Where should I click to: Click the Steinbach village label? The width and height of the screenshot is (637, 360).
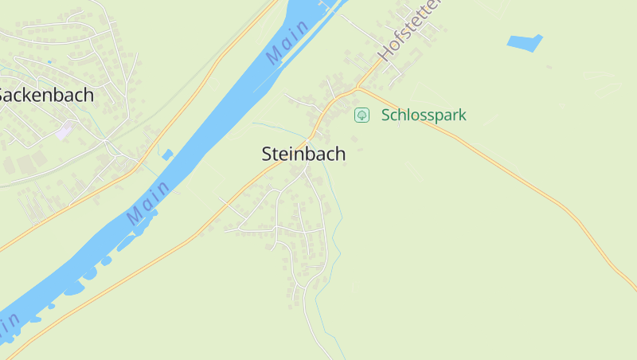point(303,155)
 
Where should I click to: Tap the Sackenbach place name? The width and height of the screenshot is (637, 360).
point(45,95)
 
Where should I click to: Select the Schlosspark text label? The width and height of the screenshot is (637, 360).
point(424,115)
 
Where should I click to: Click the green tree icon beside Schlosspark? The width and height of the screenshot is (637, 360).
point(361,115)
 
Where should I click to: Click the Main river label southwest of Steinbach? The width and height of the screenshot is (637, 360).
point(148,202)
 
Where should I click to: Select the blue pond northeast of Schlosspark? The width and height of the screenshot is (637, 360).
point(524,41)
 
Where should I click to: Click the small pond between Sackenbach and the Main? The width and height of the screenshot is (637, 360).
point(167,155)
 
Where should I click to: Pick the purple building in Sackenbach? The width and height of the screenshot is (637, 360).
point(63,131)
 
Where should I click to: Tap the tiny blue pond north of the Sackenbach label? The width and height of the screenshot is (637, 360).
point(49,61)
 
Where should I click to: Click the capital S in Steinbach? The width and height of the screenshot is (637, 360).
point(268,155)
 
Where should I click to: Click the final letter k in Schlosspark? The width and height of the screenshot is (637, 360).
point(461,115)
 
